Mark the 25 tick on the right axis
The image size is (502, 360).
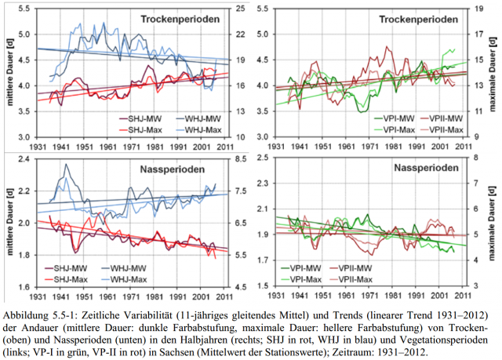239,9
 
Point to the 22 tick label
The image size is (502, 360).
239,35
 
